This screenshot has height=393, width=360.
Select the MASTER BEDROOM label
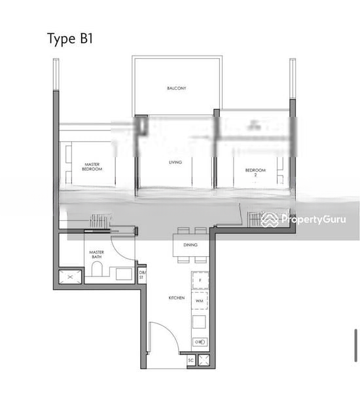coord(92,167)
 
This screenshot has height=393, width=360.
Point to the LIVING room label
coord(175,162)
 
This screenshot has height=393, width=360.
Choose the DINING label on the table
coord(190,245)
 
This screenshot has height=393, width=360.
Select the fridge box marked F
coord(200,280)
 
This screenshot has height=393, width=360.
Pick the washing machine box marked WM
coord(200,301)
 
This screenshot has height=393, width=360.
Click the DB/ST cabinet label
coord(143,274)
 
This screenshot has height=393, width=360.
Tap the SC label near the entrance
coord(190,360)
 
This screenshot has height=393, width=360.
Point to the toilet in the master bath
coord(97,271)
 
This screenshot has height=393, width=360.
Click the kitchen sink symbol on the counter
coord(200,341)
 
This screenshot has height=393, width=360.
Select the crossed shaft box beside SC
coord(203,360)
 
